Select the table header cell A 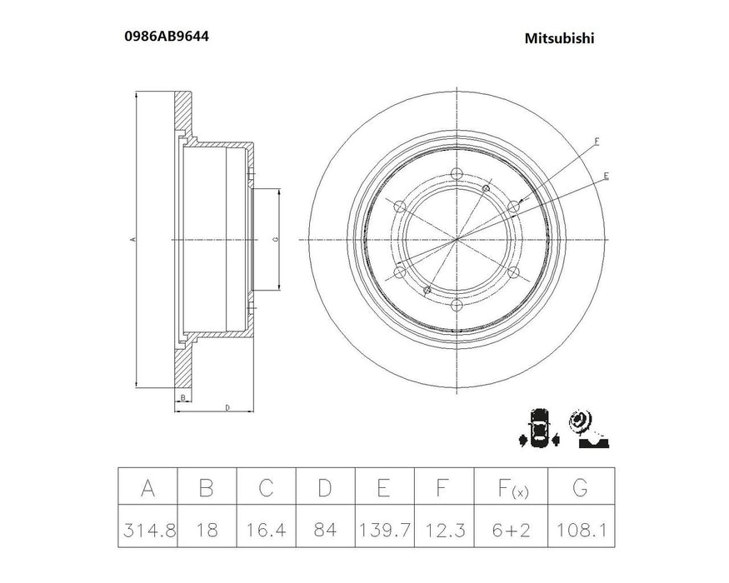coord(147,486)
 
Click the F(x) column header coord(503,486)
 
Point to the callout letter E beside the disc coord(606,176)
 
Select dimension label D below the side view coord(227,407)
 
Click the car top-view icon coord(539,429)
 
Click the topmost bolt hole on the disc coord(457,173)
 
